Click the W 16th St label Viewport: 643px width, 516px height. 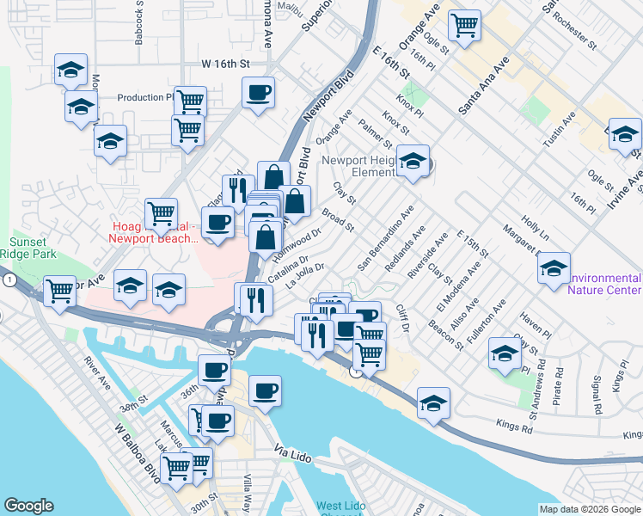click(225, 64)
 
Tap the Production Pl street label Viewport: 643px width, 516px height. click(145, 98)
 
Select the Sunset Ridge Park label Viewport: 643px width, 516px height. click(33, 249)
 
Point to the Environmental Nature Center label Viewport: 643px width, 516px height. click(604, 284)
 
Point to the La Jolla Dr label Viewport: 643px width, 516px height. click(305, 274)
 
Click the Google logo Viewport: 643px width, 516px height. click(29, 506)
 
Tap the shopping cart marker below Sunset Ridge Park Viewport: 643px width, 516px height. click(59, 292)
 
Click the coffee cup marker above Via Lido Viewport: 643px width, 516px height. click(265, 391)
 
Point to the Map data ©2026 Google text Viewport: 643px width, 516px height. click(591, 509)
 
